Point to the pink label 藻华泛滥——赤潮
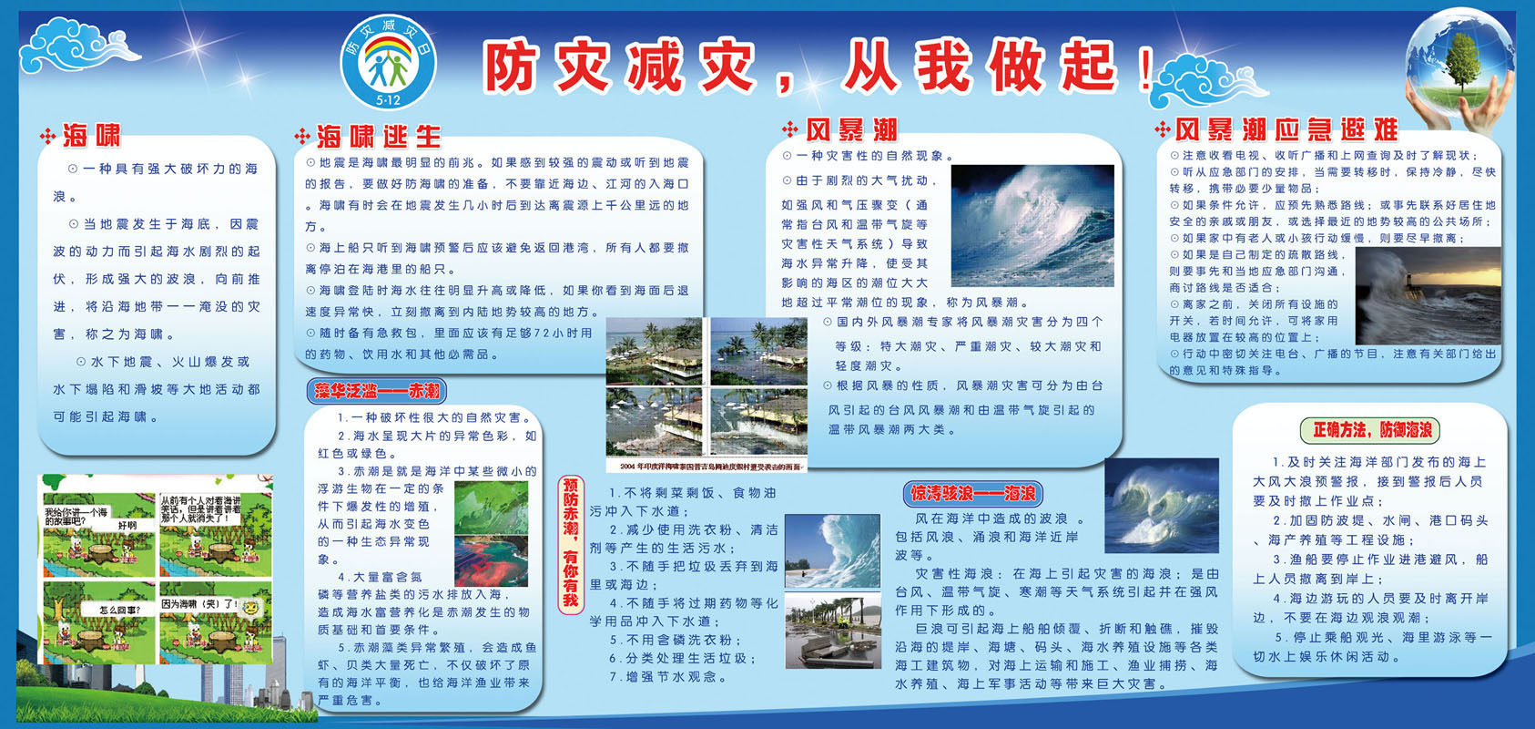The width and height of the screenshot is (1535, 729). pyautogui.click(x=377, y=392)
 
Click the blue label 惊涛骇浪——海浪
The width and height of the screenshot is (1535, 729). pyautogui.click(x=973, y=493)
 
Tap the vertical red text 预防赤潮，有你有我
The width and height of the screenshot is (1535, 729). pyautogui.click(x=571, y=542)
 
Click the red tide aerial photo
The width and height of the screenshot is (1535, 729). pyautogui.click(x=491, y=558)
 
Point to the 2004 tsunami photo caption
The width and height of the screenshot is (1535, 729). pyautogui.click(x=707, y=467)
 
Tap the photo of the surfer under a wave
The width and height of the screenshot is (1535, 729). pyautogui.click(x=832, y=549)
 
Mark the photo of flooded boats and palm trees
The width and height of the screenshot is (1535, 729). pyautogui.click(x=832, y=631)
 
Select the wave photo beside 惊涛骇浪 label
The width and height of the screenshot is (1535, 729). pyautogui.click(x=1162, y=505)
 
